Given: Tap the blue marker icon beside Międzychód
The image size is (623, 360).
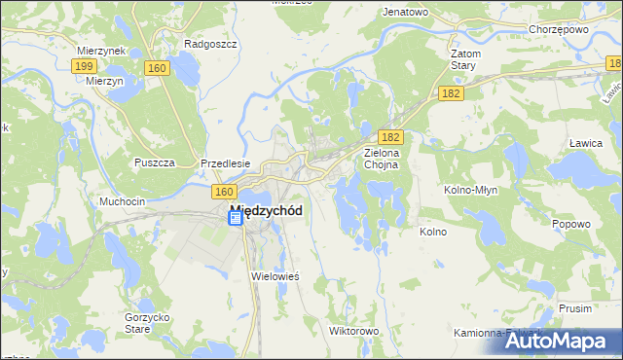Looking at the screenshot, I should click(x=235, y=220).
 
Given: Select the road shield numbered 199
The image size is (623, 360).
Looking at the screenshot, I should click(x=83, y=66).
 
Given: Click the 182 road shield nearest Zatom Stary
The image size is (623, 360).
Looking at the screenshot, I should click(x=450, y=92).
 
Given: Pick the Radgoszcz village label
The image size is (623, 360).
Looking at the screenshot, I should click(x=206, y=44).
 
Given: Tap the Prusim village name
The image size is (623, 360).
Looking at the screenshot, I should click(x=575, y=307).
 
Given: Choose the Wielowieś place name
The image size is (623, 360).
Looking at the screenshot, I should click(x=275, y=276).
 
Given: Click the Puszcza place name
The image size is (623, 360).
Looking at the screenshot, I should click(x=155, y=162).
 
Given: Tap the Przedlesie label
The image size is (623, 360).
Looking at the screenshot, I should click(x=226, y=163).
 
